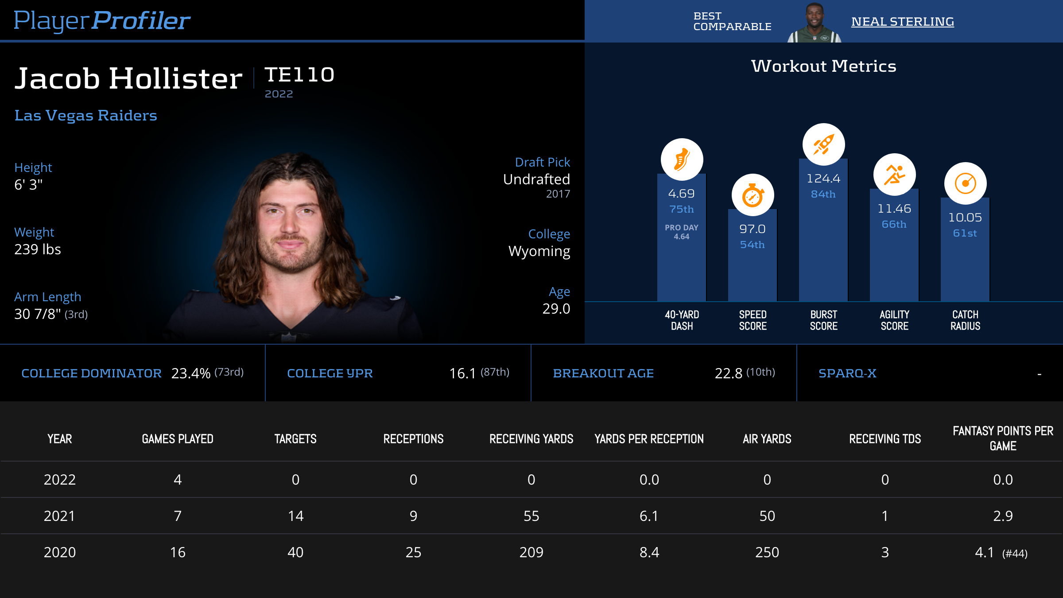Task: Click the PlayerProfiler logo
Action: point(102,20)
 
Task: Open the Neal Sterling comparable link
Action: point(902,22)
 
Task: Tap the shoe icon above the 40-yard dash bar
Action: point(682,159)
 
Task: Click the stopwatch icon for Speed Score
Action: point(753,195)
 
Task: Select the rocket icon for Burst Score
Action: point(823,144)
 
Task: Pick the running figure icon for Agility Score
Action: point(894,175)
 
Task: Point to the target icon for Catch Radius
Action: point(965,183)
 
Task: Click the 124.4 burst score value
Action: point(823,179)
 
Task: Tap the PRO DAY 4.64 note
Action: point(682,232)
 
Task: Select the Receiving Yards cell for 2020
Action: point(531,552)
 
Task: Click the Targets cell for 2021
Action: point(295,516)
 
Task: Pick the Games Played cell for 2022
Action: point(178,480)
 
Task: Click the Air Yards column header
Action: point(767,439)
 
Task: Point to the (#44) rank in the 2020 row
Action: point(1015,553)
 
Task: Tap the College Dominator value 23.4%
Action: point(191,373)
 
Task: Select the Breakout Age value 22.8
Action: point(728,373)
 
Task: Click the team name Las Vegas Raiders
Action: point(85,116)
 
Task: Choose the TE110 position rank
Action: point(299,75)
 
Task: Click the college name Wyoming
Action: point(539,251)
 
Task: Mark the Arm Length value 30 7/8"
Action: point(38,314)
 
